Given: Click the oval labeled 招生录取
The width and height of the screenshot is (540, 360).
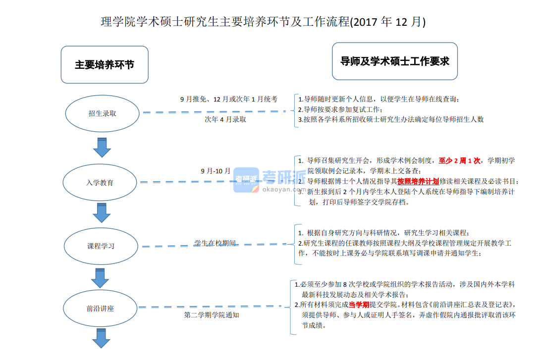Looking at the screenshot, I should [103, 113].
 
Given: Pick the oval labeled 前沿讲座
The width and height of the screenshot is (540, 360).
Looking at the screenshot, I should [100, 309].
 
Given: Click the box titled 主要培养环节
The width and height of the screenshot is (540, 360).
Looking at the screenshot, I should [105, 65].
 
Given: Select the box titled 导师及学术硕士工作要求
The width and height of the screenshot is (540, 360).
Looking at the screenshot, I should [394, 61].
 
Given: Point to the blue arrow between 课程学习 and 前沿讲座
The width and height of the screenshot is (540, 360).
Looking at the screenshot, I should [100, 278].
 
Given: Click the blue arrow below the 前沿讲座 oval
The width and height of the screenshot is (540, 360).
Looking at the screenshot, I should [101, 339].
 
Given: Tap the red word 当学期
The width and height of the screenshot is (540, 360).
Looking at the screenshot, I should [359, 305].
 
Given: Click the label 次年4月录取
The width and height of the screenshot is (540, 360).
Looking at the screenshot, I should [225, 119].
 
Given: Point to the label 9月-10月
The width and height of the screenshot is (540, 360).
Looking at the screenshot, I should [216, 171].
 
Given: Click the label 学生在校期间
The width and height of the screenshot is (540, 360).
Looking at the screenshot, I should [215, 243].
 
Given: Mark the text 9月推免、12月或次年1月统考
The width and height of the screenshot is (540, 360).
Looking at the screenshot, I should [228, 99].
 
